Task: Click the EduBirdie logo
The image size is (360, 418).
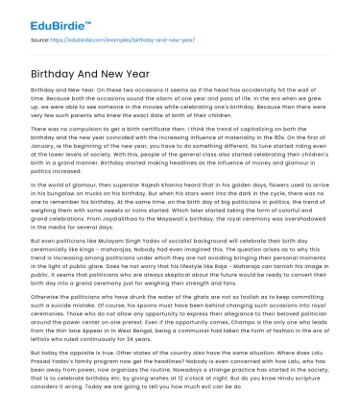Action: pyautogui.click(x=39, y=15)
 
